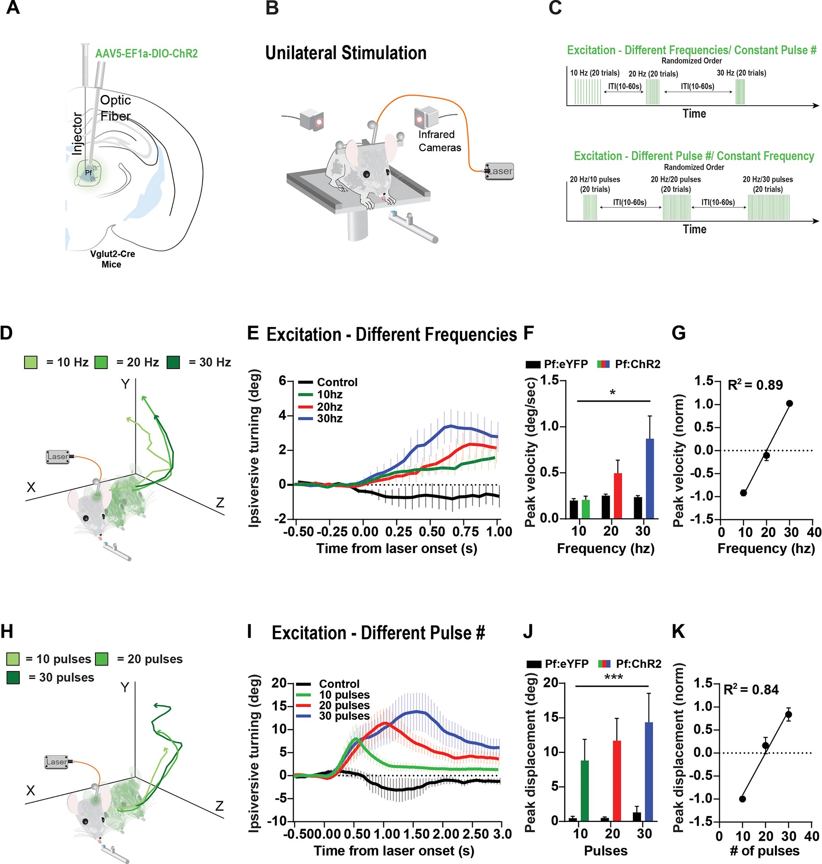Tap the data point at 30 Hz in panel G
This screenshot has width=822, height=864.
tap(789, 404)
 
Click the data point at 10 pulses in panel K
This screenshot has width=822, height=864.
tap(742, 799)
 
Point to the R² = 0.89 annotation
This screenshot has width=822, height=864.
tap(755, 385)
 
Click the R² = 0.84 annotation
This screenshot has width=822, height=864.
tap(751, 690)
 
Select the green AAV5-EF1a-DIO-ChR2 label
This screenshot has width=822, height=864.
tap(147, 54)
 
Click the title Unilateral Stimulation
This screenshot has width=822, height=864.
tap(346, 53)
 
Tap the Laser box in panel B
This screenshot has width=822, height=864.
tap(499, 171)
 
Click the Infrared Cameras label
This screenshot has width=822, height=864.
tap(439, 141)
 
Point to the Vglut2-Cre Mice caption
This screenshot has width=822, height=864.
tap(112, 259)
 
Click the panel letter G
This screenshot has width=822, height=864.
tap(679, 333)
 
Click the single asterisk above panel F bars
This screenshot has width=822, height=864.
tap(612, 393)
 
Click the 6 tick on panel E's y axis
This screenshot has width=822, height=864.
tap(282, 381)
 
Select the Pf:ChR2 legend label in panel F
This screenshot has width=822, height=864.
tap(637, 364)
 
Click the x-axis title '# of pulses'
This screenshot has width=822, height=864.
tap(764, 851)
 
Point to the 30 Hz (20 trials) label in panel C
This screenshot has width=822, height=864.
tap(741, 73)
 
